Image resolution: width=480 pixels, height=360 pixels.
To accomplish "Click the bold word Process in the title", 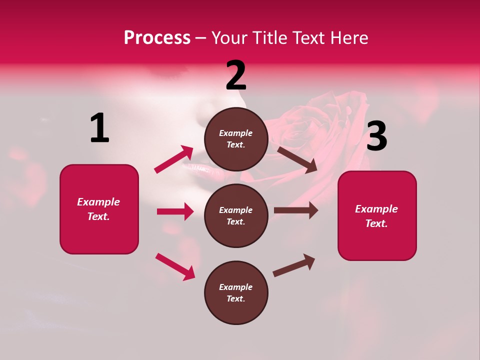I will [x=157, y=37].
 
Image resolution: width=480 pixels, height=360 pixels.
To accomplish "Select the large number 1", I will [x=99, y=128].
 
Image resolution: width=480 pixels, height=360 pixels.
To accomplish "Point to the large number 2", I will [x=236, y=75].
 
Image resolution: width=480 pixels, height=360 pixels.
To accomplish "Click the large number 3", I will [x=376, y=136].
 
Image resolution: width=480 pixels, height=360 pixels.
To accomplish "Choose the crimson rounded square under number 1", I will [x=99, y=209].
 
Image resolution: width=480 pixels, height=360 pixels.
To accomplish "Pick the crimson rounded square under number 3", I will [x=377, y=215].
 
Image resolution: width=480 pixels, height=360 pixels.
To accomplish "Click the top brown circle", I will [x=236, y=138].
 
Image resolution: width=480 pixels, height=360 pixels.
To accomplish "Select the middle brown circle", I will [x=236, y=215].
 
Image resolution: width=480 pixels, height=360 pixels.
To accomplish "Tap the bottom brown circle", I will [x=236, y=292].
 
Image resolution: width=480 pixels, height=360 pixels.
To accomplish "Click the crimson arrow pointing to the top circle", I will [x=174, y=159].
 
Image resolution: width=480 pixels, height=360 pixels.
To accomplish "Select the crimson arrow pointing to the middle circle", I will [x=175, y=211].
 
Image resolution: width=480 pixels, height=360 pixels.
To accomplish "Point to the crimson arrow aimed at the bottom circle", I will [x=175, y=266].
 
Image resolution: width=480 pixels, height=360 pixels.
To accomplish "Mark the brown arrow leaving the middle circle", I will [x=295, y=210].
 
